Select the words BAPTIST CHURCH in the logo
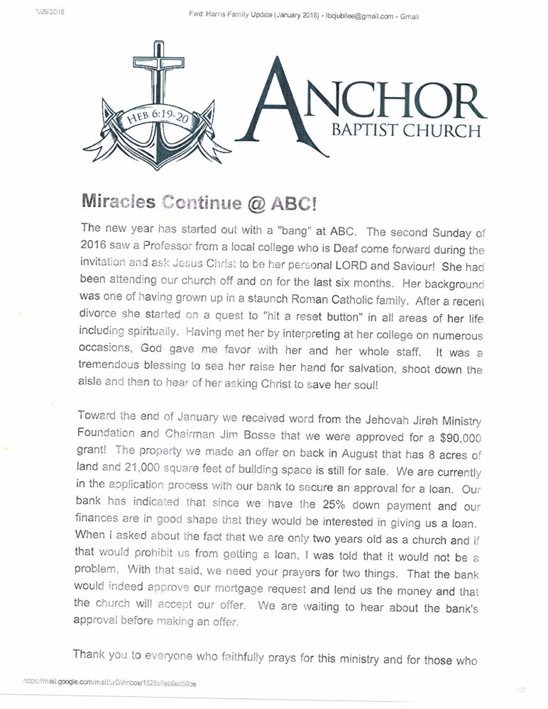click(408, 131)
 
